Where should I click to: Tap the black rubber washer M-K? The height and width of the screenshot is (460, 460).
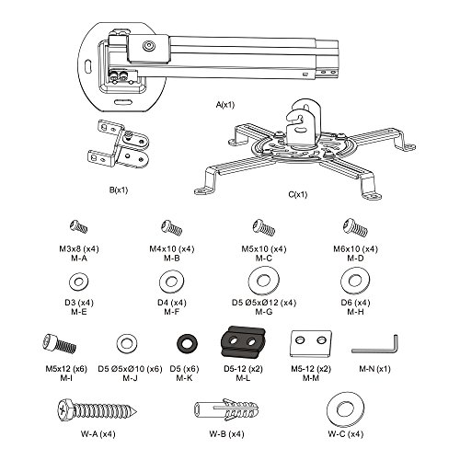[x=188, y=343]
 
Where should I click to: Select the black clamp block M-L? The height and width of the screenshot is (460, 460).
[x=243, y=341]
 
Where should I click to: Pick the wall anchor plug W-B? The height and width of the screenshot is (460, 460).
[x=226, y=410]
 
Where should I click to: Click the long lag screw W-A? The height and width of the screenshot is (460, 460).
[x=97, y=409]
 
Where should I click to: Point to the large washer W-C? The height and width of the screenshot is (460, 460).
[x=346, y=409]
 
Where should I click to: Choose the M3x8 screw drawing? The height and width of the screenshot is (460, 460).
[x=78, y=226]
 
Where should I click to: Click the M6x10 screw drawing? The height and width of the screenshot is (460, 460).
[x=355, y=227]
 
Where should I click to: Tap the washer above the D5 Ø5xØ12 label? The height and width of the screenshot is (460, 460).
[x=264, y=281]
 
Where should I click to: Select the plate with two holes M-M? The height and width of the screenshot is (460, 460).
[x=311, y=343]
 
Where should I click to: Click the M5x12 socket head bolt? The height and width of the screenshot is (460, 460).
[x=60, y=344]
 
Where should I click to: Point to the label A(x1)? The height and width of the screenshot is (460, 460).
[x=225, y=105]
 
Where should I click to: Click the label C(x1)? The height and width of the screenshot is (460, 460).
[x=298, y=194]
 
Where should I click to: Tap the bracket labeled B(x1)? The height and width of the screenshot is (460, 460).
[x=119, y=144]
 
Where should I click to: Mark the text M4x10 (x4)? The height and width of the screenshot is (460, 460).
[x=172, y=248]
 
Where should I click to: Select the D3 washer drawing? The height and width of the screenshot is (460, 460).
[x=79, y=281]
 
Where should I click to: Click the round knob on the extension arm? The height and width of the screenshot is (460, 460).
[x=148, y=46]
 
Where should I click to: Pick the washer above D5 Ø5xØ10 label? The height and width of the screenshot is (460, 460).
[x=127, y=343]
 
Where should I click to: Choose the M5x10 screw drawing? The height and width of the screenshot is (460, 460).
[x=263, y=227]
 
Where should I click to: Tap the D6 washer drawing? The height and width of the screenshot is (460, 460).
[x=355, y=281]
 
